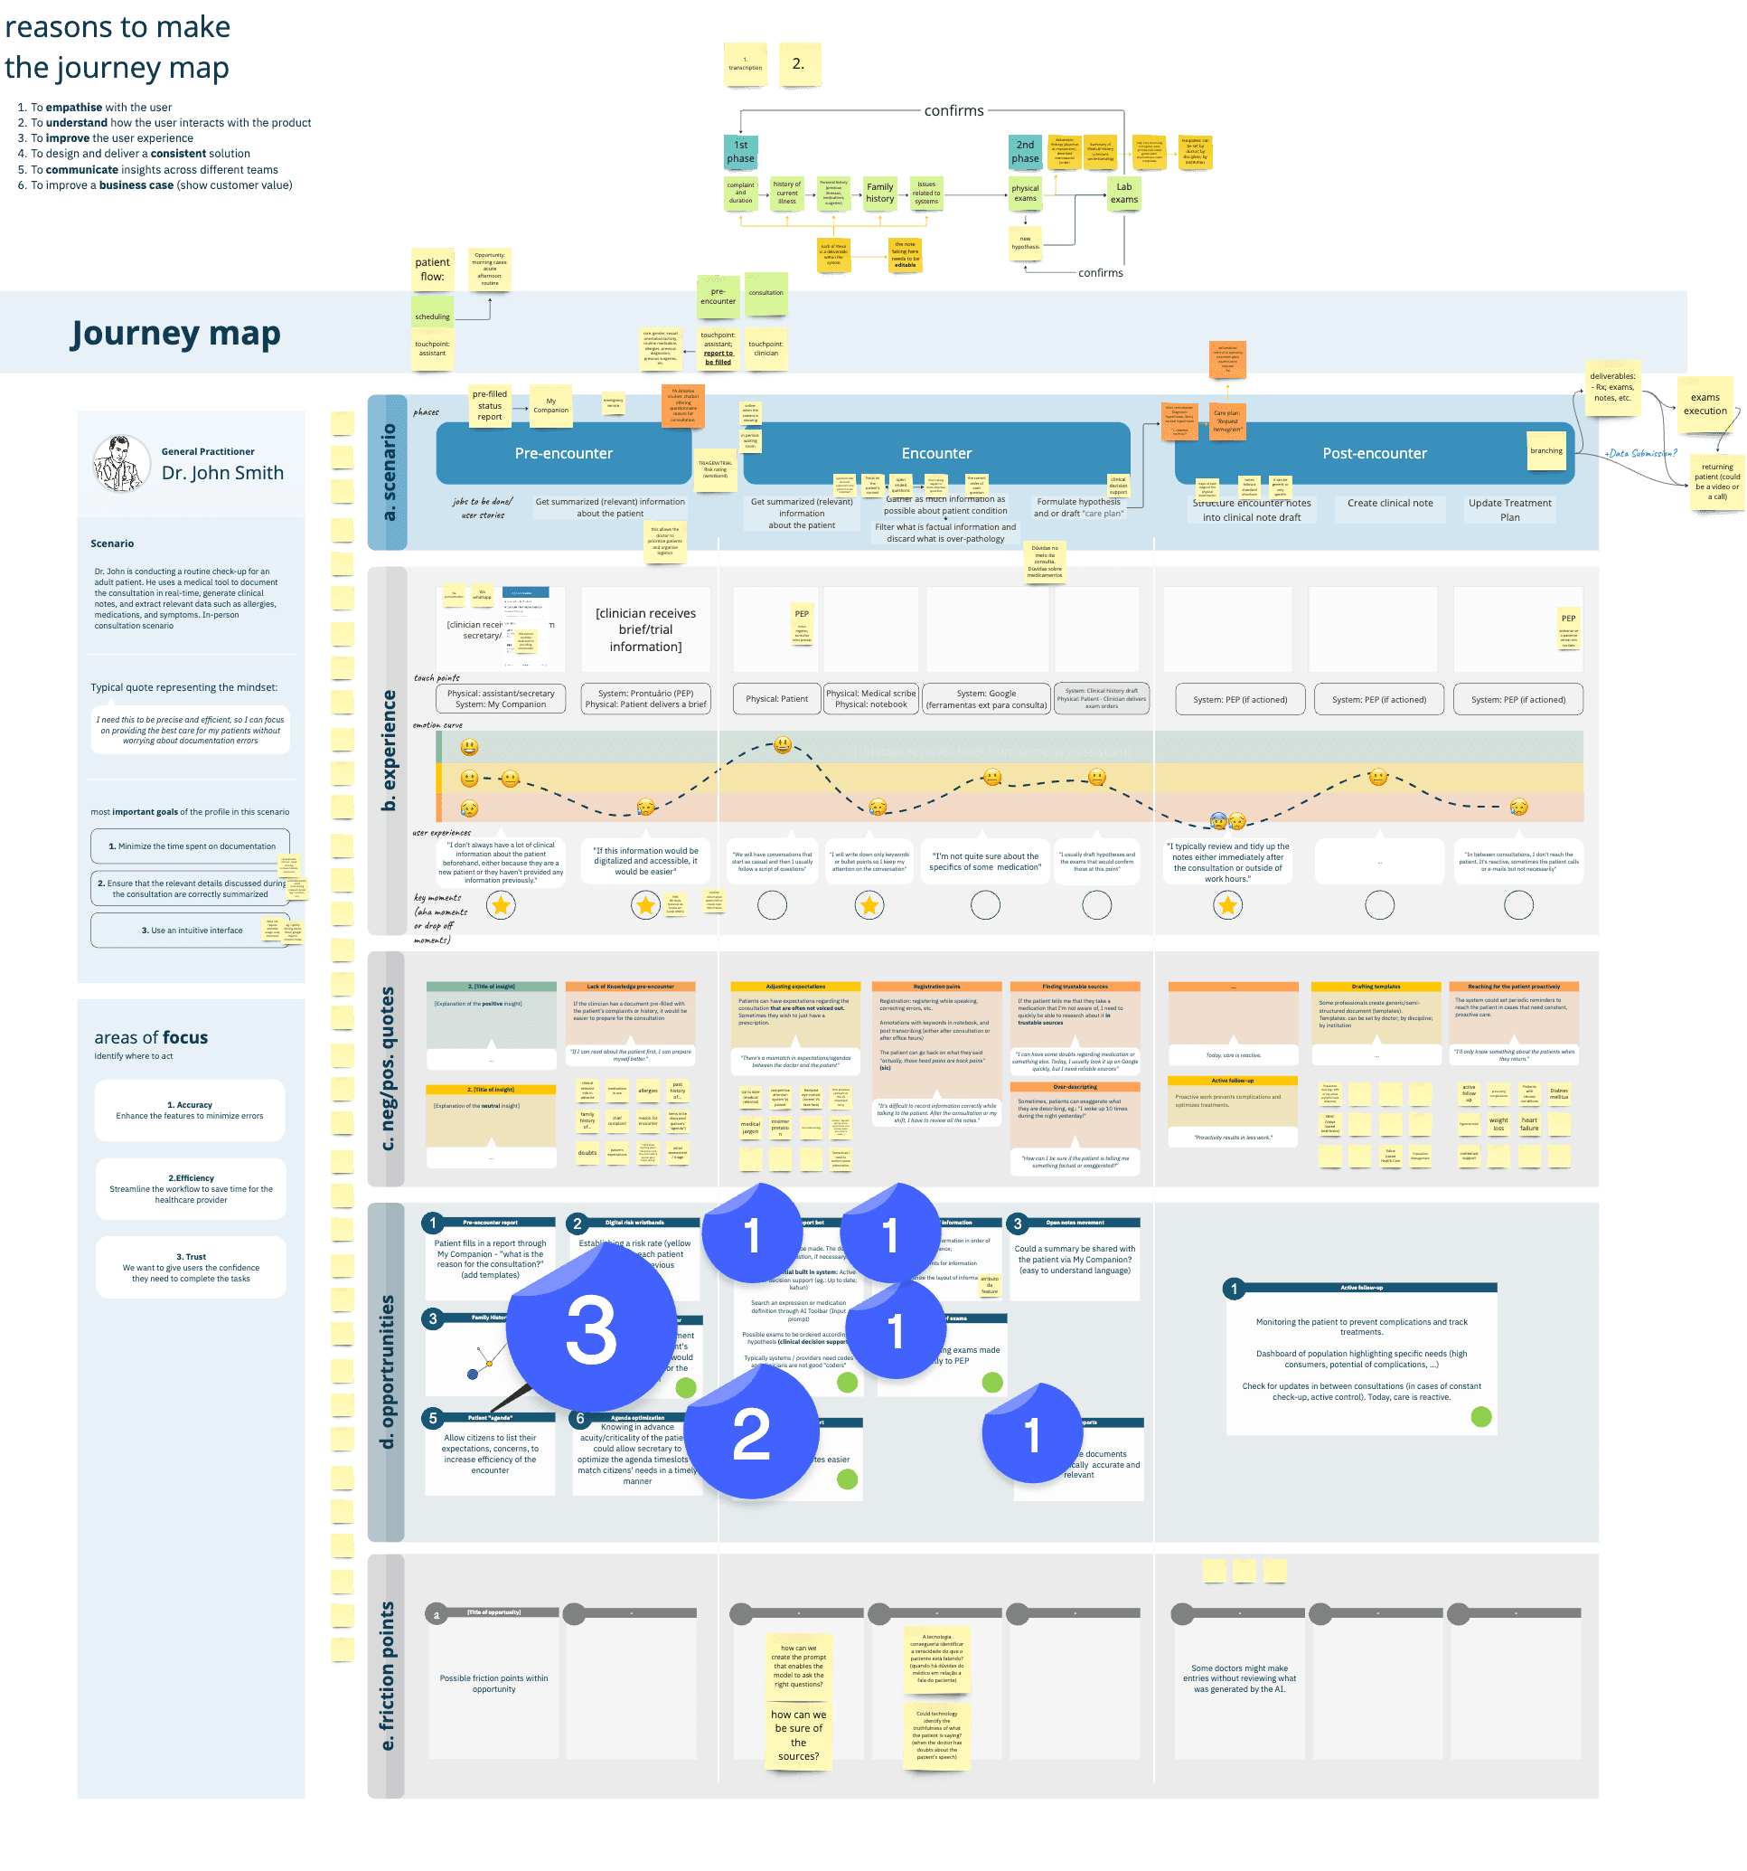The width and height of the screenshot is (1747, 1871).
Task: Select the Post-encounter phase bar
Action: click(x=1374, y=453)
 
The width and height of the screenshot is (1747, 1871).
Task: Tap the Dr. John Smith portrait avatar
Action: click(x=120, y=463)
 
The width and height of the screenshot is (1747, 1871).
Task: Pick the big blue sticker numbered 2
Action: click(x=751, y=1433)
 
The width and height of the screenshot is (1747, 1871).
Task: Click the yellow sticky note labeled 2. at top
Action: click(x=799, y=64)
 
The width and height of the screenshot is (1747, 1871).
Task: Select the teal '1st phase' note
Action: click(x=740, y=152)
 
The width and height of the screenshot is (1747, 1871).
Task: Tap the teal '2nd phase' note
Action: click(x=1025, y=152)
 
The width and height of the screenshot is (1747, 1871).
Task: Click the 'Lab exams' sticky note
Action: click(x=1123, y=194)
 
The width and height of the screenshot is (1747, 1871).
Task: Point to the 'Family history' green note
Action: click(x=879, y=193)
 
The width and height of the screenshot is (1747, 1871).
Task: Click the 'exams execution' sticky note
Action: click(x=1705, y=403)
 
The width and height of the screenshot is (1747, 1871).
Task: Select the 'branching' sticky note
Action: click(x=1545, y=451)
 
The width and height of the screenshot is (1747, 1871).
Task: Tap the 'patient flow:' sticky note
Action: click(x=433, y=269)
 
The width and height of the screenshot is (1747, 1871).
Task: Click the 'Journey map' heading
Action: click(x=176, y=333)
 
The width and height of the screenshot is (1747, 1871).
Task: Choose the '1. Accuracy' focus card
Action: click(x=190, y=1110)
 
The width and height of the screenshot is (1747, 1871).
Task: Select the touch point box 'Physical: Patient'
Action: click(x=776, y=698)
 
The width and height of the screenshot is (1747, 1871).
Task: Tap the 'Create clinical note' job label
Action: click(x=1389, y=504)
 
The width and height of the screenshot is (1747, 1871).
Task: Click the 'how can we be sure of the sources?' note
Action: click(x=798, y=1734)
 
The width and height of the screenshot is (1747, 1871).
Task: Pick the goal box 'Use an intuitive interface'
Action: click(x=190, y=930)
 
